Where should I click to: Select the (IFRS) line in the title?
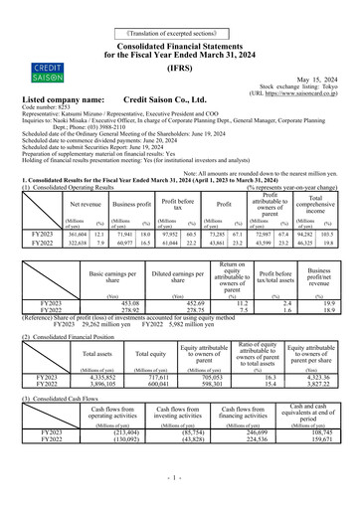179,61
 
